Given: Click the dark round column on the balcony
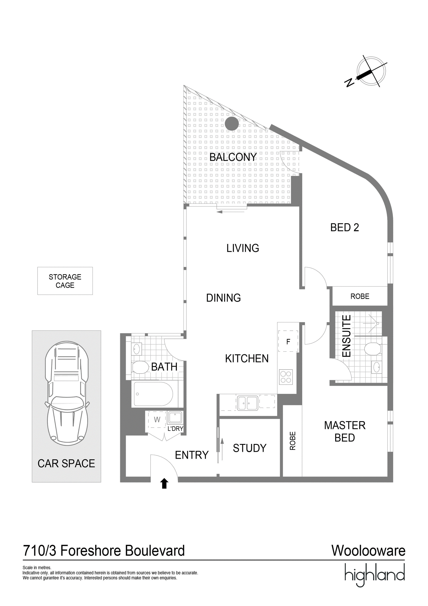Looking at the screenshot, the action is pyautogui.click(x=231, y=124).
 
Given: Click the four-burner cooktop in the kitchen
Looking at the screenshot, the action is pyautogui.click(x=286, y=377).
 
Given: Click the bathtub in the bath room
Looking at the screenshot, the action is pyautogui.click(x=154, y=394).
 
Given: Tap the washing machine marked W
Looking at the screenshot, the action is pyautogui.click(x=157, y=420).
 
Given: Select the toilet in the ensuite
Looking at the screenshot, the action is pyautogui.click(x=373, y=349).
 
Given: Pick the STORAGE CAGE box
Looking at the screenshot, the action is pyautogui.click(x=65, y=281).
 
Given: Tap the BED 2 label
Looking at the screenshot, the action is pyautogui.click(x=345, y=228).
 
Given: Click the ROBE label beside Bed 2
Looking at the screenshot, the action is pyautogui.click(x=360, y=296).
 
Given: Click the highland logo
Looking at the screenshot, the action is pyautogui.click(x=375, y=575).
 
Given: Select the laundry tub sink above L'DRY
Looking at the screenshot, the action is pyautogui.click(x=175, y=418).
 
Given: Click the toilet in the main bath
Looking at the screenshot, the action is pyautogui.click(x=140, y=367).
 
